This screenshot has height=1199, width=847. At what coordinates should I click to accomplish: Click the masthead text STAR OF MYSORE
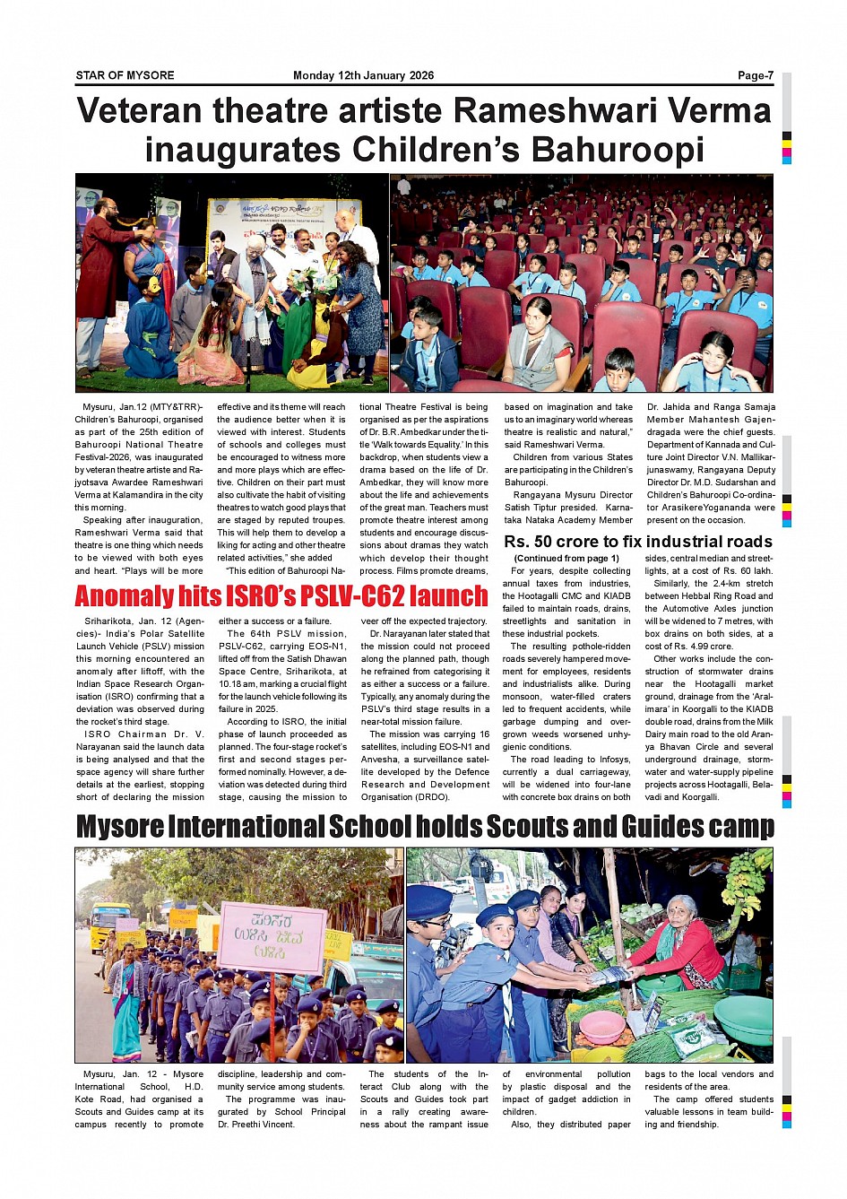click(x=125, y=75)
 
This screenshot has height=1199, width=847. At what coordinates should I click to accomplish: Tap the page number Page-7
click(x=755, y=75)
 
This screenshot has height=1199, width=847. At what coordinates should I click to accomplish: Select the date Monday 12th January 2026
click(x=363, y=75)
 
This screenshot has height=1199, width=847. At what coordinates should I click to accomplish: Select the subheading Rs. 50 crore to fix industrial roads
click(x=637, y=542)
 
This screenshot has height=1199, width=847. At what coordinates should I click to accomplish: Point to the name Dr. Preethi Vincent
click(x=256, y=1125)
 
